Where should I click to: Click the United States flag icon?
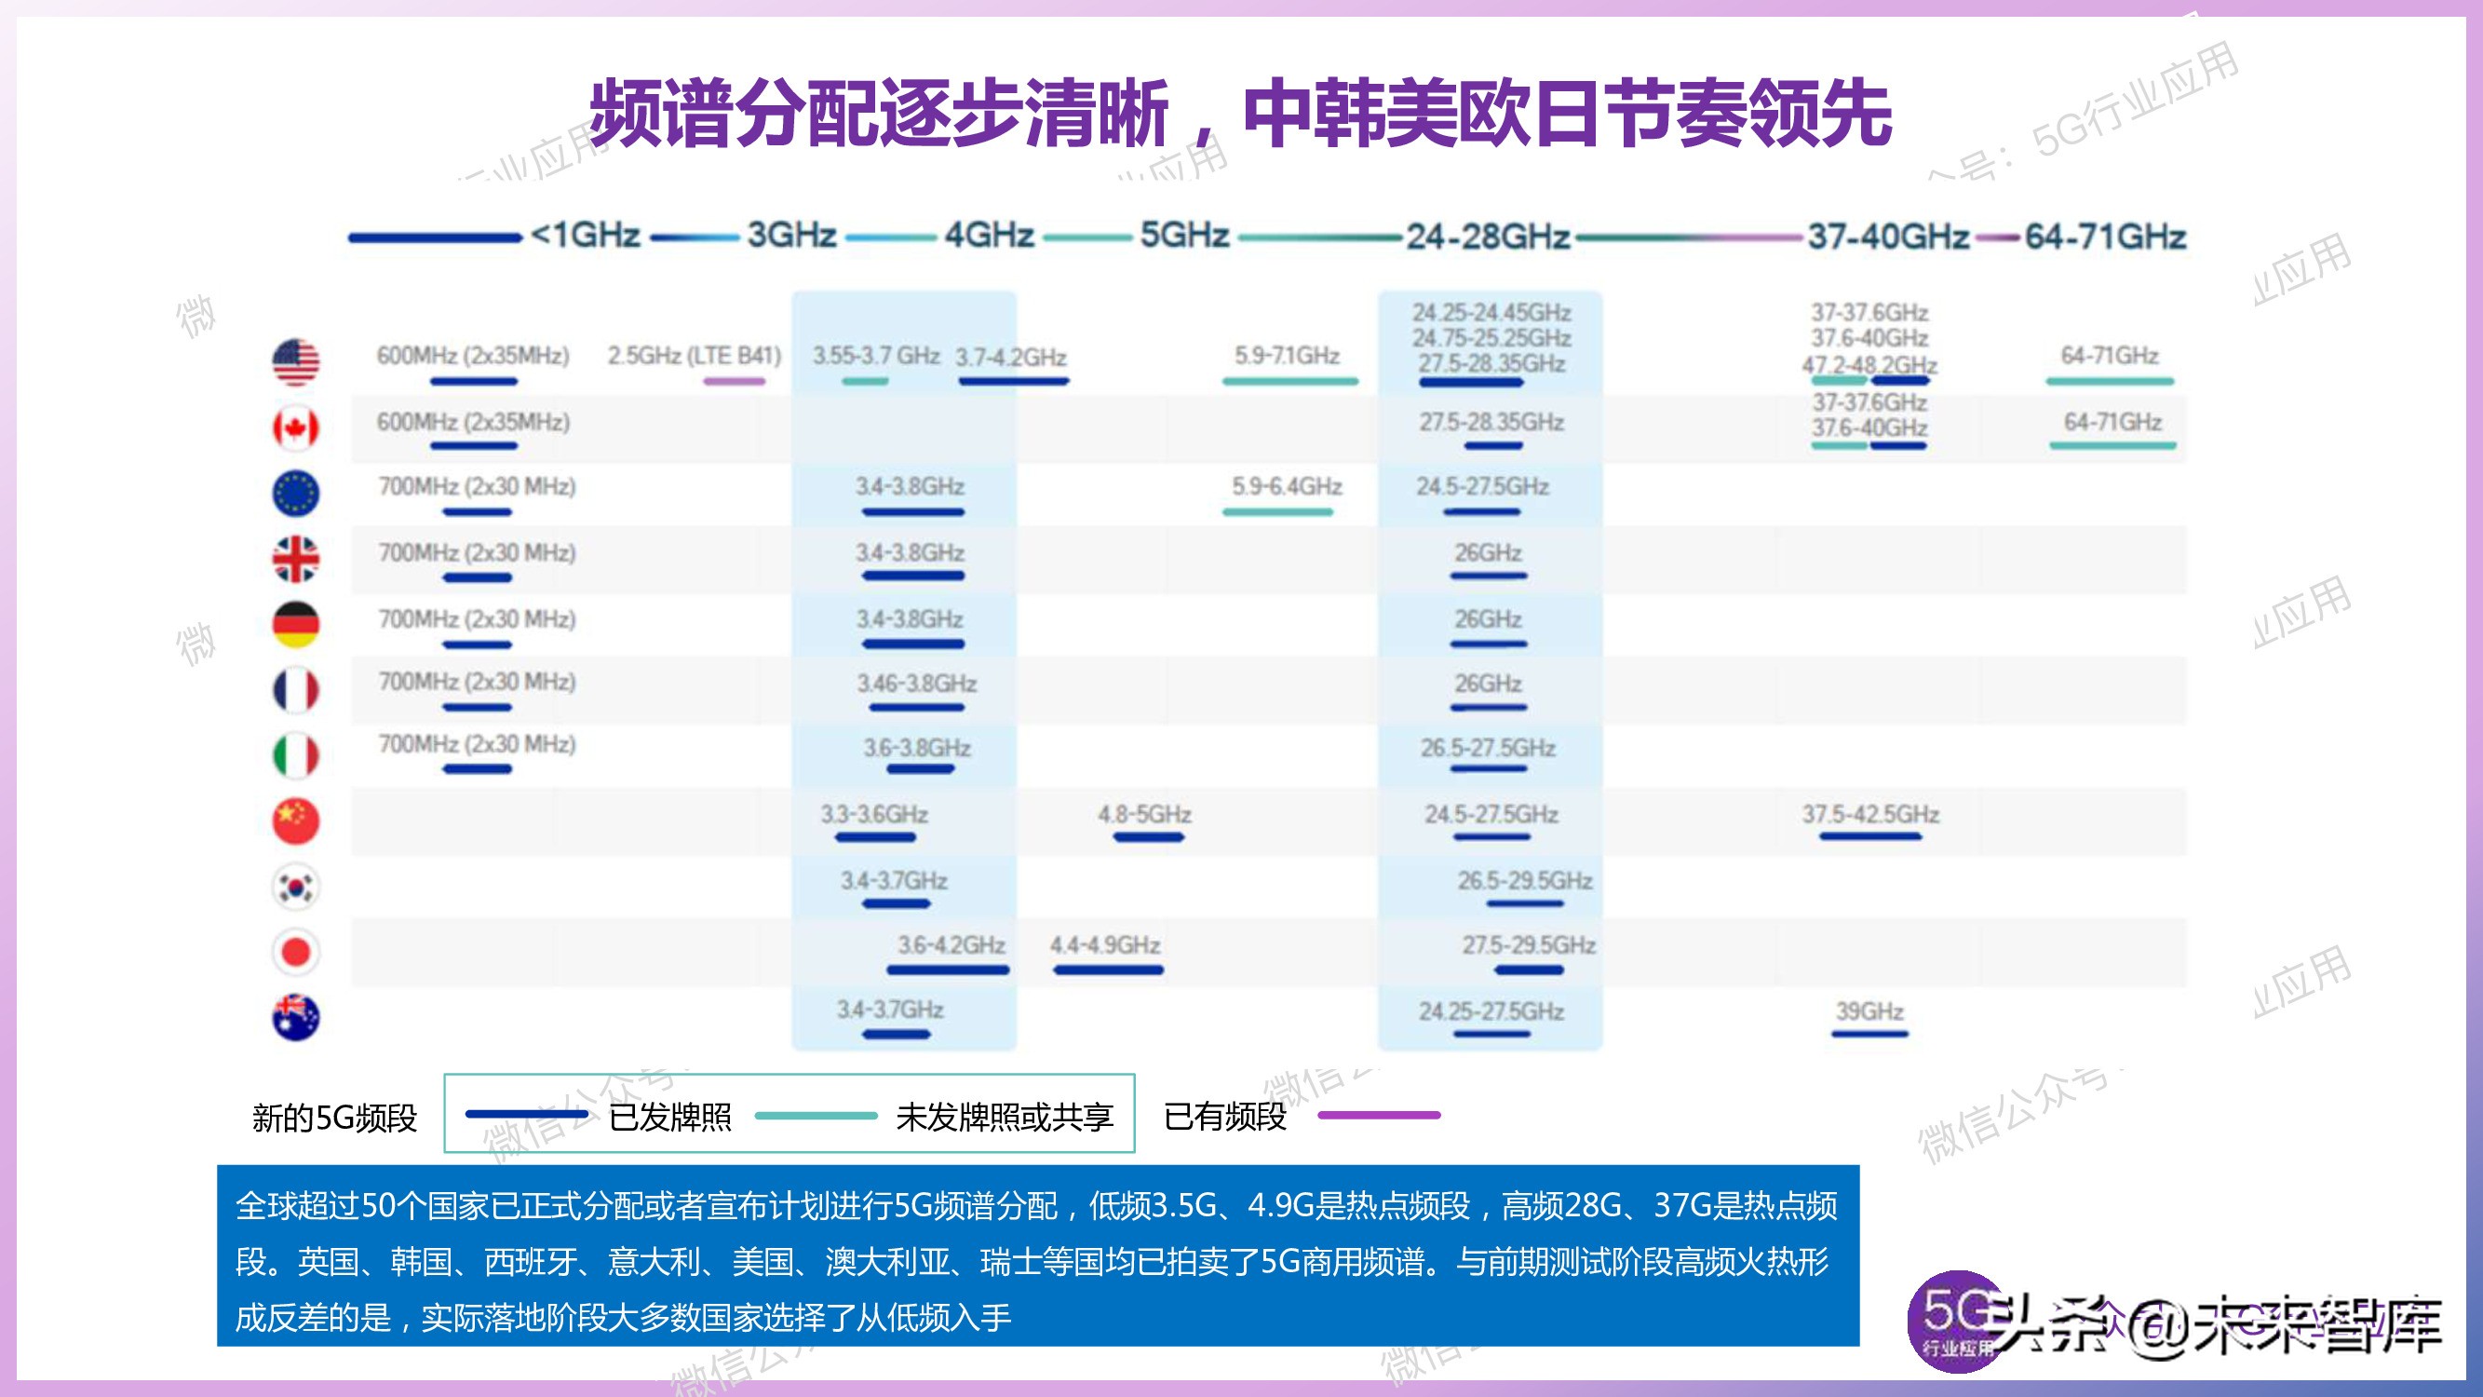(296, 361)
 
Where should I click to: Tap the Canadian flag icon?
(296, 428)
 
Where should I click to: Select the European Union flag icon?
(296, 493)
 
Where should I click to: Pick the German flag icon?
(296, 624)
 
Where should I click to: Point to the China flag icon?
(296, 821)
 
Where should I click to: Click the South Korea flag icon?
(296, 887)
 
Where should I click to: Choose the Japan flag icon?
(296, 953)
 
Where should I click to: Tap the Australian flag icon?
(296, 1017)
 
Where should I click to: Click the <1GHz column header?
(585, 236)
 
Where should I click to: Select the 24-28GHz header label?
(1488, 237)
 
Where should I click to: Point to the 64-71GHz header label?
(2105, 237)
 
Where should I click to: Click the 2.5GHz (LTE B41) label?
(694, 356)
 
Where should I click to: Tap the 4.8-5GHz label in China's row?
(1144, 815)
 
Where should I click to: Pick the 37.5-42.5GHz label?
(1870, 815)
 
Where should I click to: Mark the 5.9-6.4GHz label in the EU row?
(1287, 486)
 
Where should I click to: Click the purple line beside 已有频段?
(1379, 1116)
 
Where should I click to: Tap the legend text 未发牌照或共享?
(1005, 1118)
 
